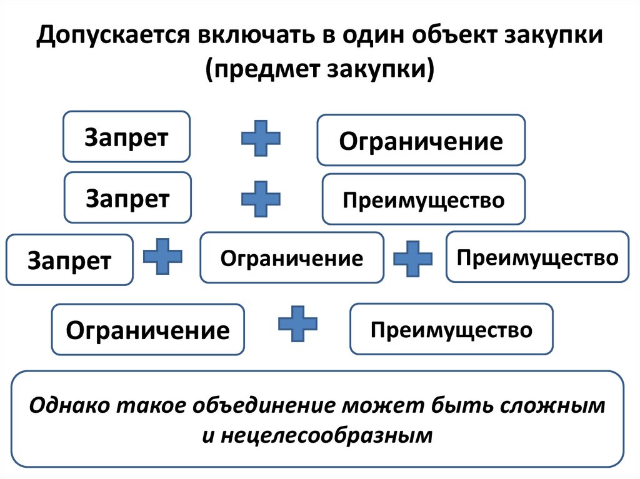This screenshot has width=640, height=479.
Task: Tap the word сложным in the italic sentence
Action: [x=552, y=405]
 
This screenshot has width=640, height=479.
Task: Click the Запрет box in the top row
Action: [x=126, y=137]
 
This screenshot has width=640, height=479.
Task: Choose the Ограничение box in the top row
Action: [x=421, y=141]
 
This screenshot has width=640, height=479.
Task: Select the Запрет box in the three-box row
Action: [x=69, y=260]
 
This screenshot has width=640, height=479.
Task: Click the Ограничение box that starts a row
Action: [x=147, y=329]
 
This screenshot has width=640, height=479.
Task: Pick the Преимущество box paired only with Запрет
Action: [x=424, y=200]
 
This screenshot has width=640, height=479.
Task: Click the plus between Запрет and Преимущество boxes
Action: [x=261, y=199]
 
